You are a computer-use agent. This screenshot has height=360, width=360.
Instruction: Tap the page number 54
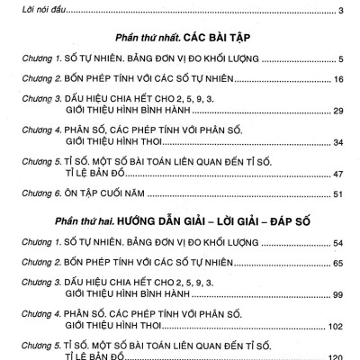(x=339, y=244)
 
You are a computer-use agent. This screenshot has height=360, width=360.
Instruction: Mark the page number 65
(x=339, y=265)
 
